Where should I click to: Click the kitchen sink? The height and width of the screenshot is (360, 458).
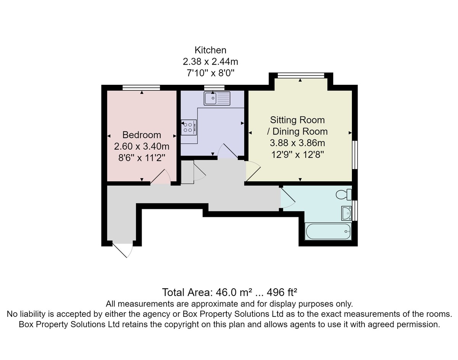coord(217,98)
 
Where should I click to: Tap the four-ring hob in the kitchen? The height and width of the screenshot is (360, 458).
coord(189,127)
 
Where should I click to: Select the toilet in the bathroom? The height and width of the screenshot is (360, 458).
coord(343,194)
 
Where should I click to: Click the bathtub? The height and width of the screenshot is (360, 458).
coord(328,231)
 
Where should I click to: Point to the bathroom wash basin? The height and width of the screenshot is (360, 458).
coord(347,213)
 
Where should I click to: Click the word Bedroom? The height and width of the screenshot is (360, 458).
coord(142,135)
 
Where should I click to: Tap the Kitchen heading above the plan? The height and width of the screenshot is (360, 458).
coord(210,50)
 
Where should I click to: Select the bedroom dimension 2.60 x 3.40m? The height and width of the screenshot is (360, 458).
coord(142,146)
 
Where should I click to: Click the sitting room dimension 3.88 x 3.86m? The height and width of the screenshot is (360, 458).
coord(297,143)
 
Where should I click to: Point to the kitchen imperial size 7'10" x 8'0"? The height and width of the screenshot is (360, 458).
coord(210,73)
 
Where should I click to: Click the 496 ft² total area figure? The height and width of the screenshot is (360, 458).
coord(282,292)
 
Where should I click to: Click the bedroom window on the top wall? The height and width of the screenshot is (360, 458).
coord(141,88)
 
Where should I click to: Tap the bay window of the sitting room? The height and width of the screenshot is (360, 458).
coord(301,76)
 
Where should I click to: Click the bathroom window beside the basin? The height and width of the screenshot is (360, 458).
coord(355,211)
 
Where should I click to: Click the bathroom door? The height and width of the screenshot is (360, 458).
coord(288,198)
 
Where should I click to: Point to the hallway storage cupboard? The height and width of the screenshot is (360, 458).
coord(187,172)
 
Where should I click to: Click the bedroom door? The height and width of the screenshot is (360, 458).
coord(161,177)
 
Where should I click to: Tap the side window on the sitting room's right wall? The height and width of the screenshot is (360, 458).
coord(355,155)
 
